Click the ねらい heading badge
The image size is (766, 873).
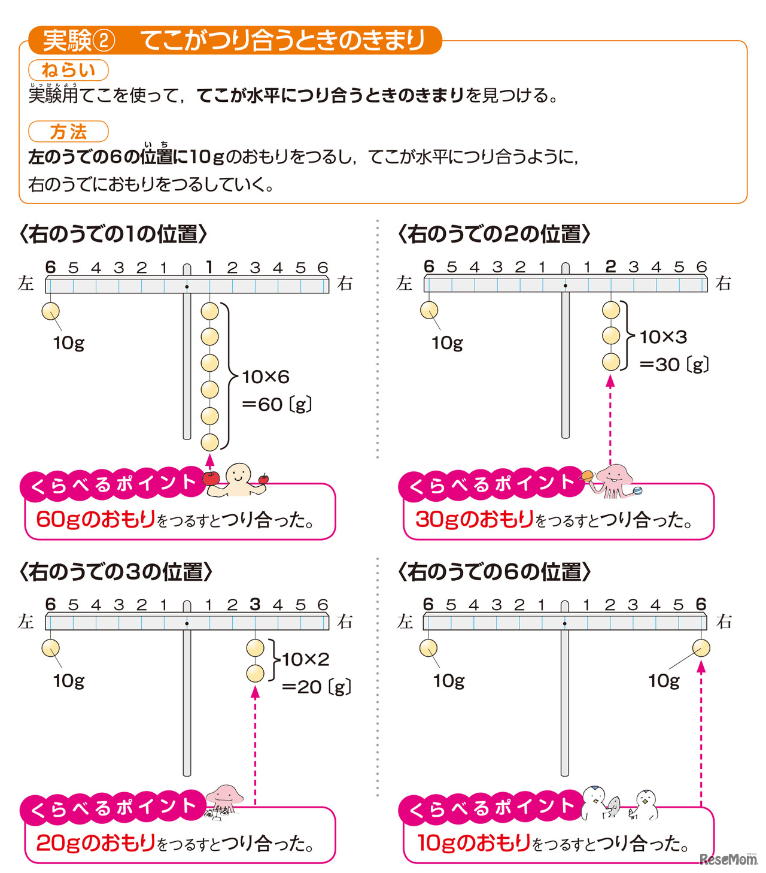pyautogui.click(x=68, y=70)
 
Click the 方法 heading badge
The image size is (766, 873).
pyautogui.click(x=68, y=132)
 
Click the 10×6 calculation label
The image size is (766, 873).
pyautogui.click(x=266, y=377)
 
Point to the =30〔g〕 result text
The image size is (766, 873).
pyautogui.click(x=674, y=364)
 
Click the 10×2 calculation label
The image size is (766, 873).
pyautogui.click(x=305, y=659)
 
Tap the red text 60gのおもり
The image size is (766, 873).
pyautogui.click(x=96, y=519)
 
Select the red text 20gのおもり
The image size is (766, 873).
pyautogui.click(x=96, y=842)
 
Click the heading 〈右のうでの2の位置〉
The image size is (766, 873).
pyautogui.click(x=494, y=234)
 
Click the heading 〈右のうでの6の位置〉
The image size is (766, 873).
pyautogui.click(x=494, y=572)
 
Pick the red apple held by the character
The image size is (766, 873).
pyautogui.click(x=211, y=478)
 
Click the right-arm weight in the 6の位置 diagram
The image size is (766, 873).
pyautogui.click(x=701, y=648)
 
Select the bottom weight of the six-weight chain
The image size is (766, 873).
pyautogui.click(x=209, y=442)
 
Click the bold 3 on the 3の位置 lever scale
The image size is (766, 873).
pyautogui.click(x=255, y=604)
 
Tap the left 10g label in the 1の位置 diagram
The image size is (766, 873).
pyautogui.click(x=68, y=342)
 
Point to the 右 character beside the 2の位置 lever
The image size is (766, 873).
pyautogui.click(x=724, y=283)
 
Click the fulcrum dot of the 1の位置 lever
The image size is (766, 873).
pyautogui.click(x=187, y=286)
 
